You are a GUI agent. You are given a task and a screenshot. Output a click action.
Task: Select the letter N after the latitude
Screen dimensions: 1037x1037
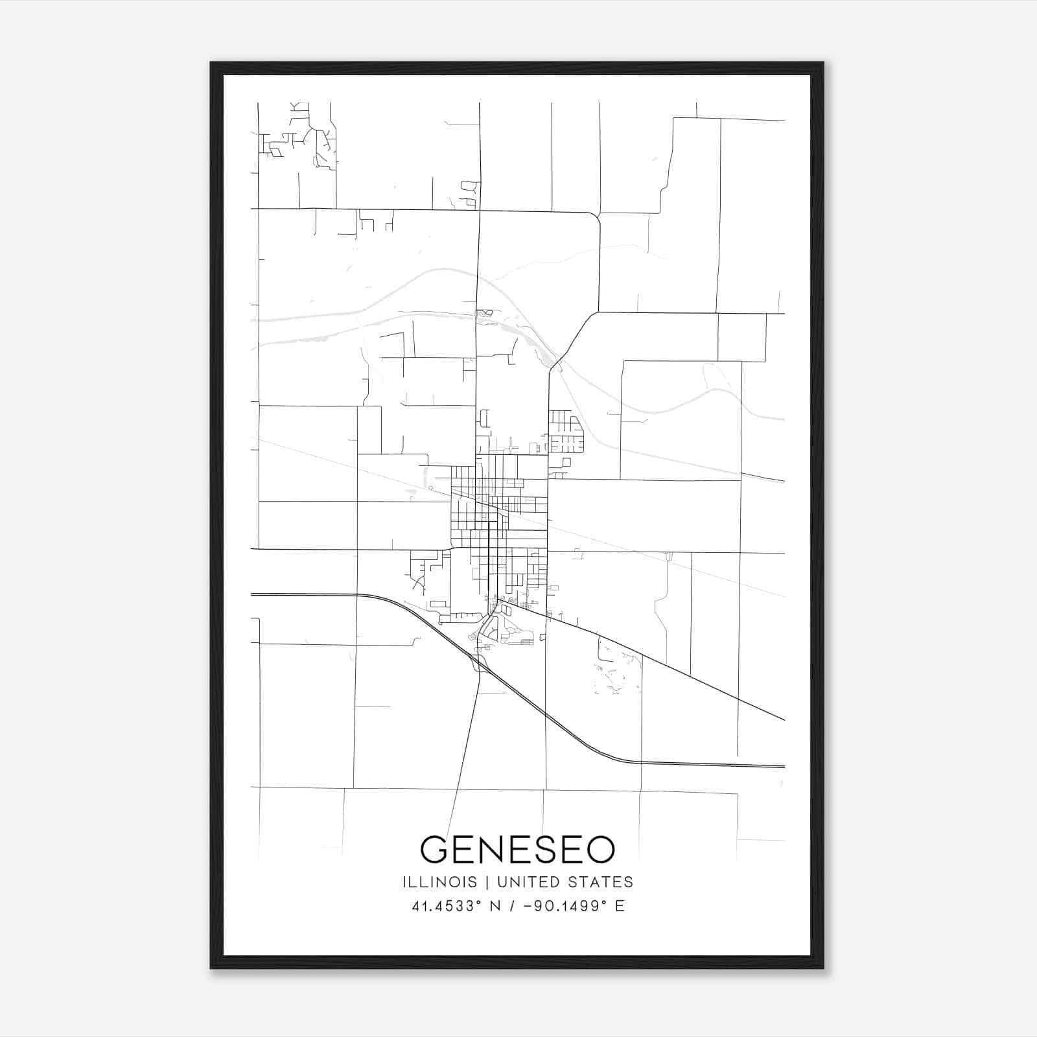(x=497, y=906)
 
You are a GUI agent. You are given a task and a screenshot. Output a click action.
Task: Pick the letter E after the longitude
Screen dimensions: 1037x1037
(x=620, y=906)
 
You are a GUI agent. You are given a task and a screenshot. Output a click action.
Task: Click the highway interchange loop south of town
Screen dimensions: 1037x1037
(x=480, y=664)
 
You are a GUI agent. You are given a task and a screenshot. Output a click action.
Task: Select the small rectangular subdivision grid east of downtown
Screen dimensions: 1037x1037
(x=566, y=432)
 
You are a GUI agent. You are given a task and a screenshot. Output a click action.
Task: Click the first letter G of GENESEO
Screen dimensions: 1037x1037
(x=435, y=849)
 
